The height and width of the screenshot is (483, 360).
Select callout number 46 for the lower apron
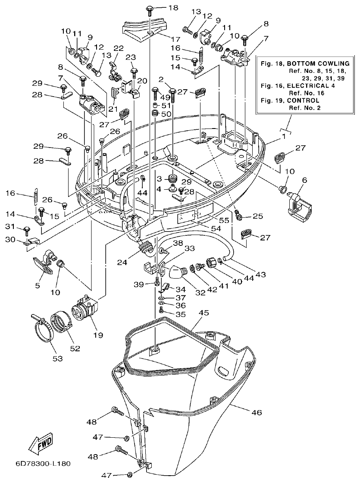[256, 413]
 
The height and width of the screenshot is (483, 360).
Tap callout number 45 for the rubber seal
[204, 312]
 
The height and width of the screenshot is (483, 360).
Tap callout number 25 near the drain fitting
[258, 216]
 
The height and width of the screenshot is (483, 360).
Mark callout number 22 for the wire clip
[118, 48]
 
